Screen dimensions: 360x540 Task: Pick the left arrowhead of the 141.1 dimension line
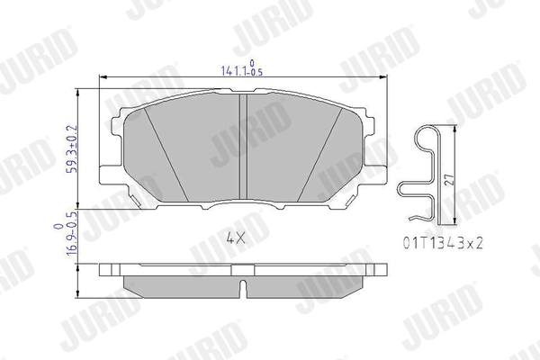(x=102, y=78)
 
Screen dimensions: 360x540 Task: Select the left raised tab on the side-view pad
(x=108, y=268)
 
